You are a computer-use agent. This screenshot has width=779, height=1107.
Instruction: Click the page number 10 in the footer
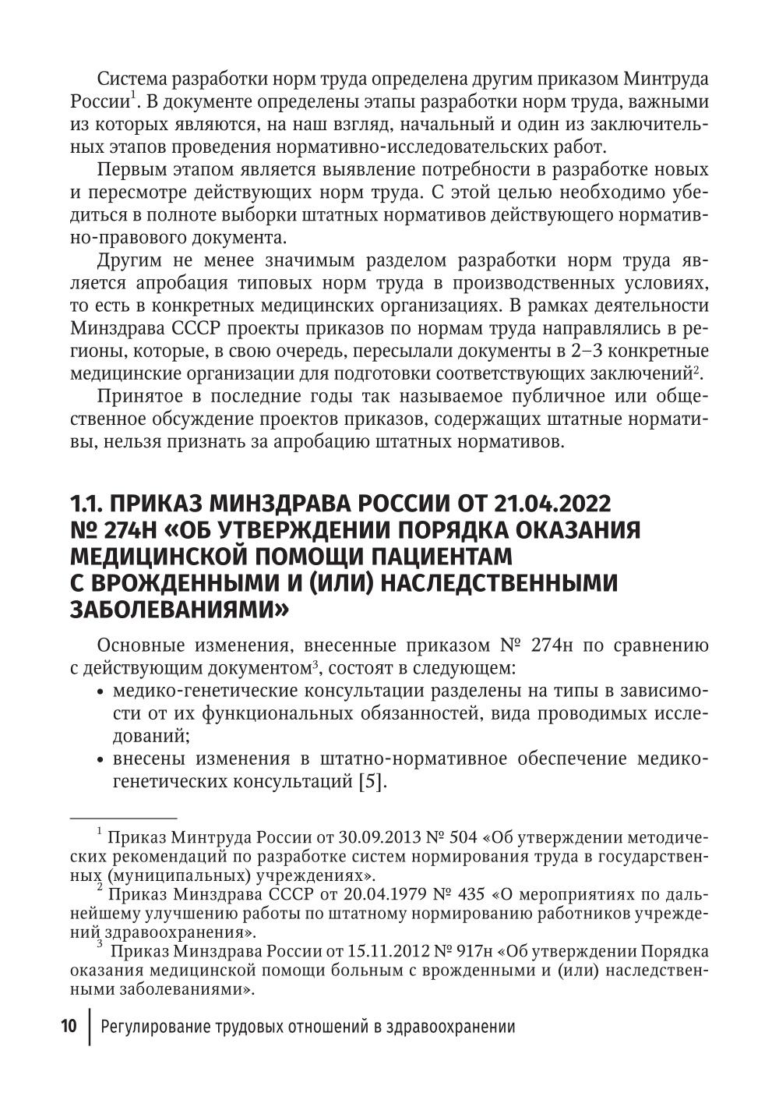(x=69, y=1027)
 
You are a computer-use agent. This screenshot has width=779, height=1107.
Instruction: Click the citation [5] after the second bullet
(x=372, y=782)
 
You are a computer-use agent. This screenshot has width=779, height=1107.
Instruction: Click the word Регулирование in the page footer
(x=157, y=1027)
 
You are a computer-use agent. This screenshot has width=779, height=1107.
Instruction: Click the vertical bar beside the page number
(x=90, y=1027)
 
